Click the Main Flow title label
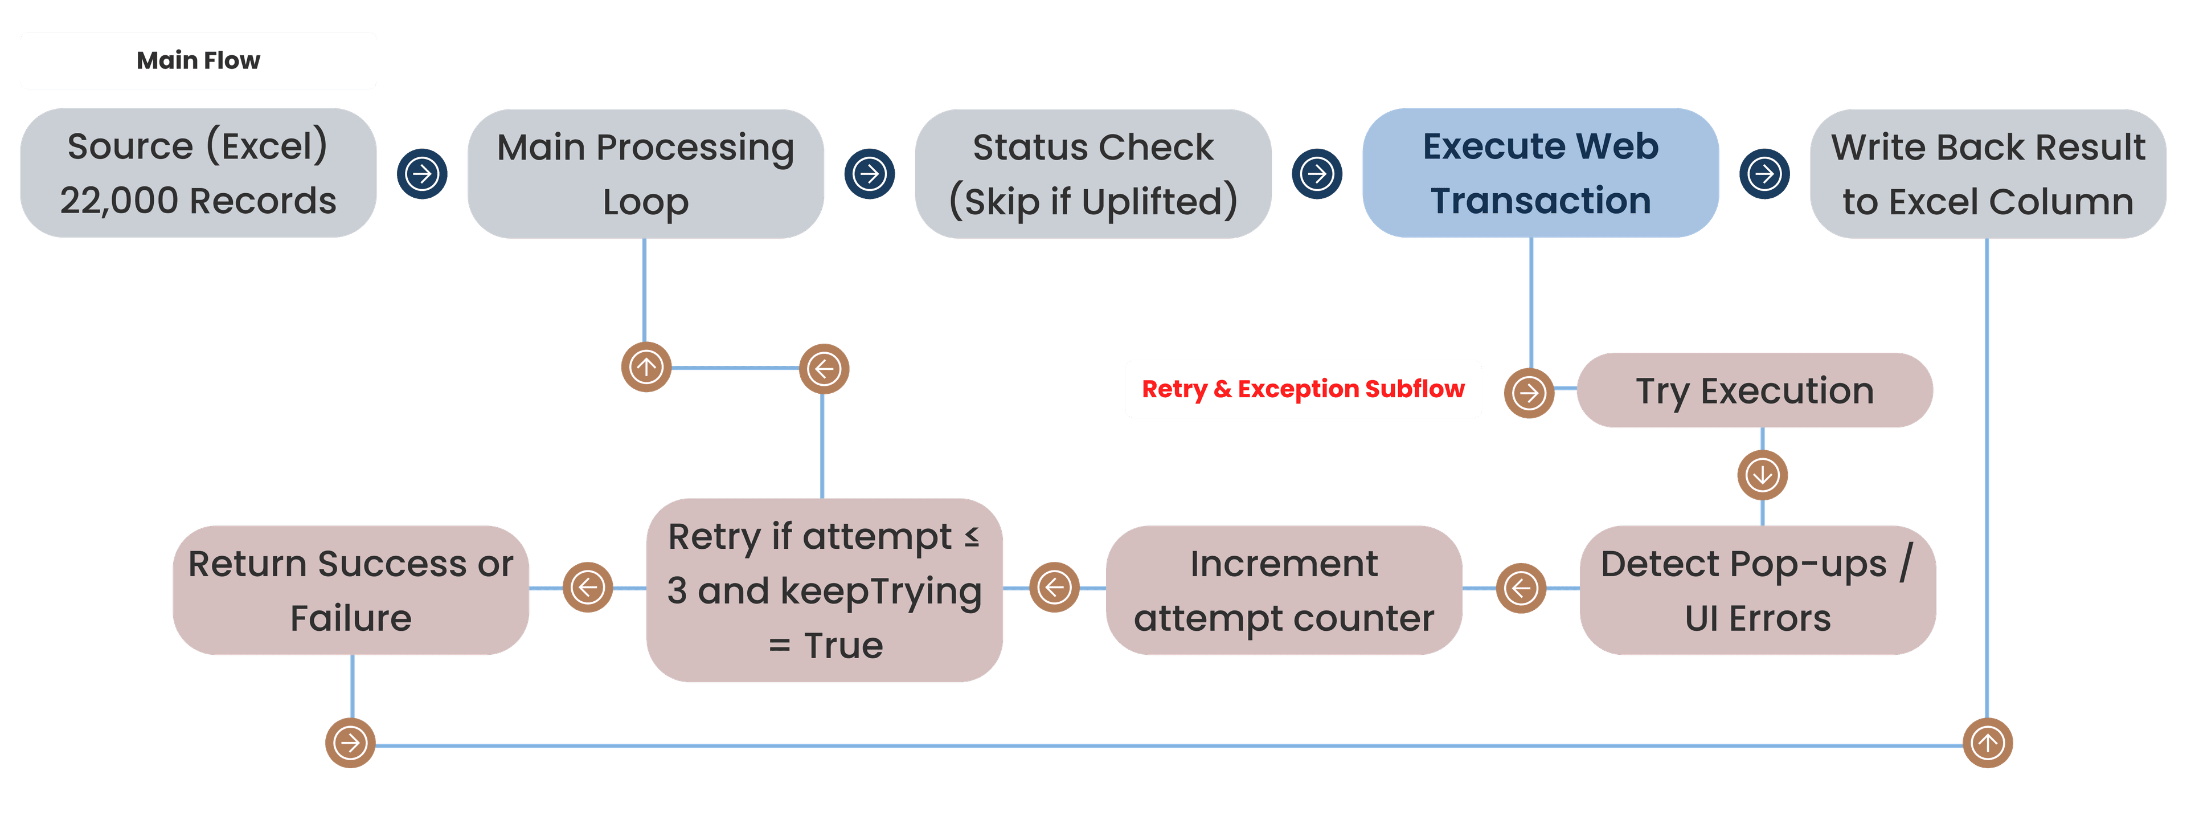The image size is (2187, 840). [x=198, y=60]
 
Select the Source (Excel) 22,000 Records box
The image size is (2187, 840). [x=198, y=173]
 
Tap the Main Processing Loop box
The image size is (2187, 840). [x=645, y=173]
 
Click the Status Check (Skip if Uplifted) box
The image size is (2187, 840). [x=1093, y=173]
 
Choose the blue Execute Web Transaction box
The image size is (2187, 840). [x=1540, y=173]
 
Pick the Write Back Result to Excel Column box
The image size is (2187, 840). [x=1988, y=173]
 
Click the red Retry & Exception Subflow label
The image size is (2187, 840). [x=1303, y=389]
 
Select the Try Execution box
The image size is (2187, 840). [x=1754, y=391]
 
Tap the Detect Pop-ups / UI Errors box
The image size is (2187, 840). [x=1758, y=590]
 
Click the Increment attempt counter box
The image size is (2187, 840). [x=1284, y=590]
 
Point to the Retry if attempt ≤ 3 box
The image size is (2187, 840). [x=824, y=590]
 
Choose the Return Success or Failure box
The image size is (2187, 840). [x=351, y=590]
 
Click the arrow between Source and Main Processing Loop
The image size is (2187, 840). [x=422, y=174]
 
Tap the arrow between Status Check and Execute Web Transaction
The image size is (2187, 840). [x=1317, y=174]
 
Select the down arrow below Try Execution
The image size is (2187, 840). [x=1763, y=475]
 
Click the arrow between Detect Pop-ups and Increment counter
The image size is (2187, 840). [x=1521, y=587]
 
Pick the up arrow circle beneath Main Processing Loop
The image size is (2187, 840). [x=646, y=368]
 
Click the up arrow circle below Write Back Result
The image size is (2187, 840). [x=1988, y=743]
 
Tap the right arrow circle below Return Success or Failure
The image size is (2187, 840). [x=350, y=743]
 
